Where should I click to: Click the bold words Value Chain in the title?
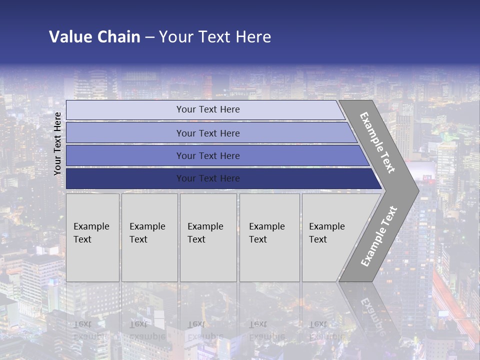pyautogui.click(x=94, y=37)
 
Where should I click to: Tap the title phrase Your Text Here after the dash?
pyautogui.click(x=215, y=37)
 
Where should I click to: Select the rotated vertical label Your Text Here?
pyautogui.click(x=57, y=143)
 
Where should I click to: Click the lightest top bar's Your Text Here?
pyautogui.click(x=208, y=109)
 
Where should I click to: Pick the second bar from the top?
pyautogui.click(x=208, y=133)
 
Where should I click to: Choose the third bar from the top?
pyautogui.click(x=208, y=155)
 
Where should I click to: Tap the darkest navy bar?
pyautogui.click(x=208, y=178)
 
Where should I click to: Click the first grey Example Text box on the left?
pyautogui.click(x=92, y=237)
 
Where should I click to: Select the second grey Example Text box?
pyautogui.click(x=149, y=237)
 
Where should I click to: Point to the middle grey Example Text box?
pyautogui.click(x=207, y=237)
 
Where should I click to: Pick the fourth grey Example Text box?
pyautogui.click(x=269, y=237)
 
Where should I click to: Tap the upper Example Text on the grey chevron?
pyautogui.click(x=377, y=142)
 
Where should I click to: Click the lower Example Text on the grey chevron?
pyautogui.click(x=379, y=236)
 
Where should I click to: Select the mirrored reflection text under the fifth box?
pyautogui.click(x=326, y=330)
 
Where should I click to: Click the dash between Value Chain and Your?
pyautogui.click(x=149, y=37)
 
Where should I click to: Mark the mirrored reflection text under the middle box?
pyautogui.click(x=205, y=330)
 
